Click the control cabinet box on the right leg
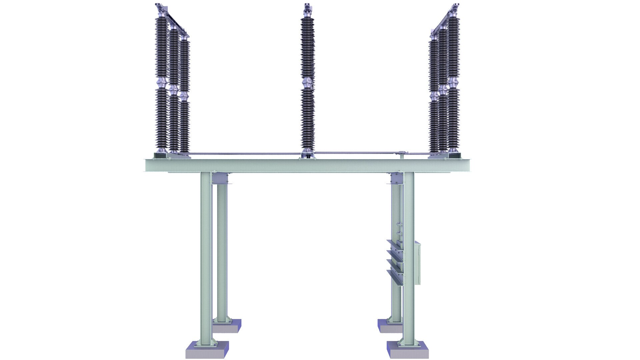417,263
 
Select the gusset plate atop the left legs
220,179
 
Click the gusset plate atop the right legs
396,178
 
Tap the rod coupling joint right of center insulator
402,154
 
